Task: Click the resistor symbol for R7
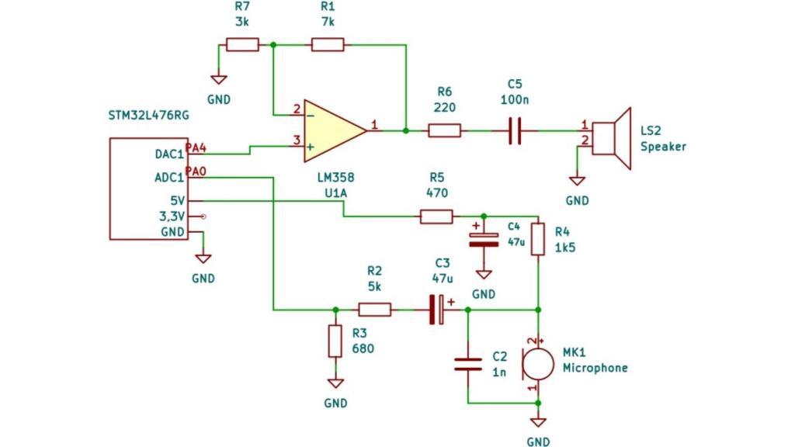[x=242, y=45]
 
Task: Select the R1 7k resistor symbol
[x=328, y=45]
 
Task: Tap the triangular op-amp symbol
[x=332, y=130]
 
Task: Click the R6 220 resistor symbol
[x=445, y=130]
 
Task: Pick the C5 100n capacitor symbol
[x=513, y=130]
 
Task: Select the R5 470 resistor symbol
[x=436, y=217]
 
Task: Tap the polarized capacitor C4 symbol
[x=483, y=239]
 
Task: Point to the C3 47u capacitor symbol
[x=438, y=310]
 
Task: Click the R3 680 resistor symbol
[x=335, y=341]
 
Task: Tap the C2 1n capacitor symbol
[x=467, y=365]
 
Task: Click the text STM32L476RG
[x=148, y=116]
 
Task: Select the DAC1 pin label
[x=169, y=154]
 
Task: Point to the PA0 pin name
[x=196, y=171]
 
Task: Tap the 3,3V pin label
[x=172, y=217]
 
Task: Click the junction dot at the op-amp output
[x=405, y=130]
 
